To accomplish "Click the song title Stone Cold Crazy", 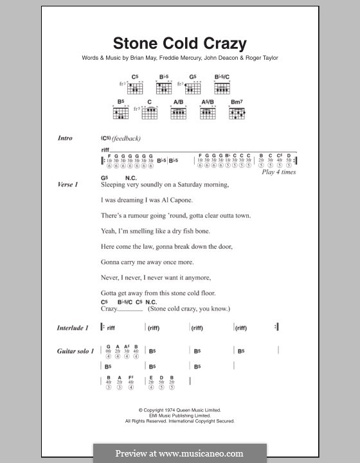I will (179, 44).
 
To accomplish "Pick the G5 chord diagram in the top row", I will (193, 87).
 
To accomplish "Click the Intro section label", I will (65, 138).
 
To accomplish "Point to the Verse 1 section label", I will (67, 185).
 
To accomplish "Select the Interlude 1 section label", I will (73, 327).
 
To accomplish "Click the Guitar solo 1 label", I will (75, 350).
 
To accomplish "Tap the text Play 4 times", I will (279, 172).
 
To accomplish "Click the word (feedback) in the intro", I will (125, 138).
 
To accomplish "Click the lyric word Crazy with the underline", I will (110, 309).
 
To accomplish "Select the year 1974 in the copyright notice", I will (166, 410).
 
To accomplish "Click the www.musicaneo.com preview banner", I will (179, 453).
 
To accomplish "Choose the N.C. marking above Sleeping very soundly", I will (131, 177).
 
